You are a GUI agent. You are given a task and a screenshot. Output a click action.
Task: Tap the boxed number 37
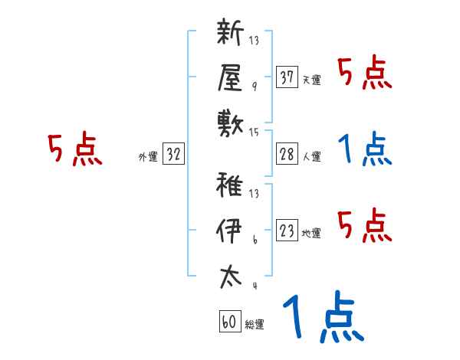point(287,77)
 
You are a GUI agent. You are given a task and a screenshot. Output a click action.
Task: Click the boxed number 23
point(287,231)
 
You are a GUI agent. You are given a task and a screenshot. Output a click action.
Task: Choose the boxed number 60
point(229,322)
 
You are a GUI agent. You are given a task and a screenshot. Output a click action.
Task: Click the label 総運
point(254,325)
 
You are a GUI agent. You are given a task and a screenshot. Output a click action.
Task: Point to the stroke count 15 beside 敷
point(254,133)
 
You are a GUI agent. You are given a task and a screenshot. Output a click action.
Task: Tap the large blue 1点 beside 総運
point(323,317)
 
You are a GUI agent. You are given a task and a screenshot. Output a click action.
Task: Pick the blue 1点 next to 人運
point(365,149)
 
